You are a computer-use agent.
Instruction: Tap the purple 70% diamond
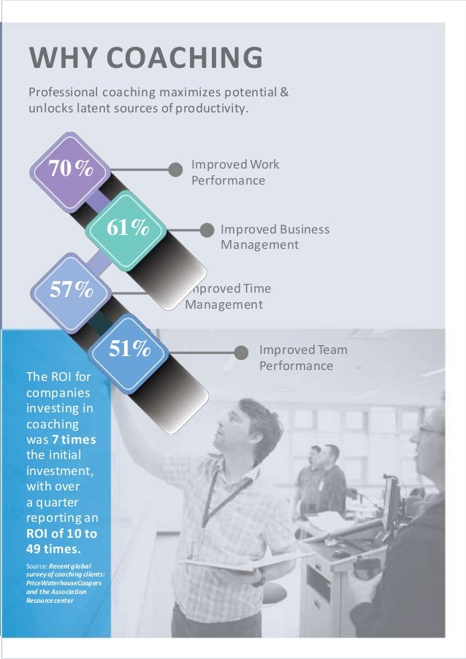[70, 169]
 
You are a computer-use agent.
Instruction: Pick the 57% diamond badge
[71, 290]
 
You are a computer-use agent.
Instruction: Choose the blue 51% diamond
[129, 350]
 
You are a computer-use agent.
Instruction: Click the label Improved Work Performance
[235, 172]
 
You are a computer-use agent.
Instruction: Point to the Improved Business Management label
[275, 237]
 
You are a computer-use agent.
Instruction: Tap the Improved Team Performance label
[303, 358]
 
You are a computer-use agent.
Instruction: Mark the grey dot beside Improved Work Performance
[175, 169]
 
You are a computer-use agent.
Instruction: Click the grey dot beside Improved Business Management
[207, 230]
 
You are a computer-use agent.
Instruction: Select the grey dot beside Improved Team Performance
[241, 352]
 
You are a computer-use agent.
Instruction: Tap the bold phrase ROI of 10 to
[61, 533]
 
